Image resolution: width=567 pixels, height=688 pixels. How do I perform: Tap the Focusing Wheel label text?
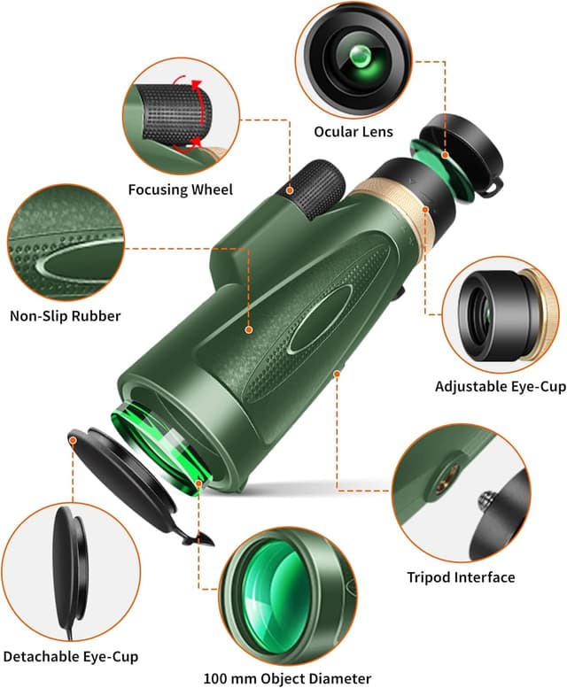180,189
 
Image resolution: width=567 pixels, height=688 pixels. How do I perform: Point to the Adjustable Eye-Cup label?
496,386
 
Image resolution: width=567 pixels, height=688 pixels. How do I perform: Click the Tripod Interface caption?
461,577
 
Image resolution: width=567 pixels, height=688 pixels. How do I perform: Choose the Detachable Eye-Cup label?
69,656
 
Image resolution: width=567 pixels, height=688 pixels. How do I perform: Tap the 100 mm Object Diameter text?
287,678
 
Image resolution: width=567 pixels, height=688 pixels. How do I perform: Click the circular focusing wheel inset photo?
181,115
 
